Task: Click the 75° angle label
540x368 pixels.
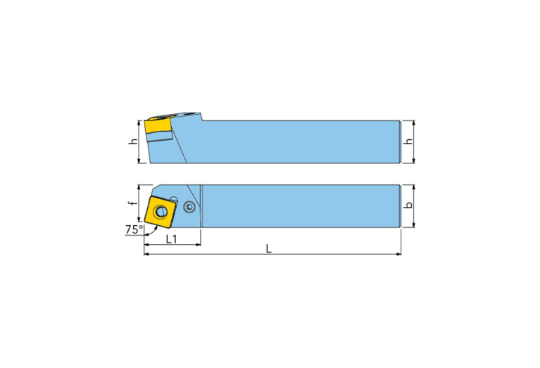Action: (x=134, y=229)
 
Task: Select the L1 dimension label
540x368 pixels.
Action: (x=171, y=239)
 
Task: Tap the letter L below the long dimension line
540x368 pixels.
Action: (x=269, y=248)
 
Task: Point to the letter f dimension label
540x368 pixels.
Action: (x=131, y=203)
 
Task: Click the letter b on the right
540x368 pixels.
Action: (x=409, y=205)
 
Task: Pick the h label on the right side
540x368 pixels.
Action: (x=409, y=141)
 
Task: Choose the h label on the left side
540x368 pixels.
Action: (x=134, y=141)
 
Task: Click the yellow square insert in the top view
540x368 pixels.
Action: (x=161, y=211)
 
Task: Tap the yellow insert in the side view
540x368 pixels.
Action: (x=158, y=126)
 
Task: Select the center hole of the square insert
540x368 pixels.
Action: (x=161, y=211)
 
